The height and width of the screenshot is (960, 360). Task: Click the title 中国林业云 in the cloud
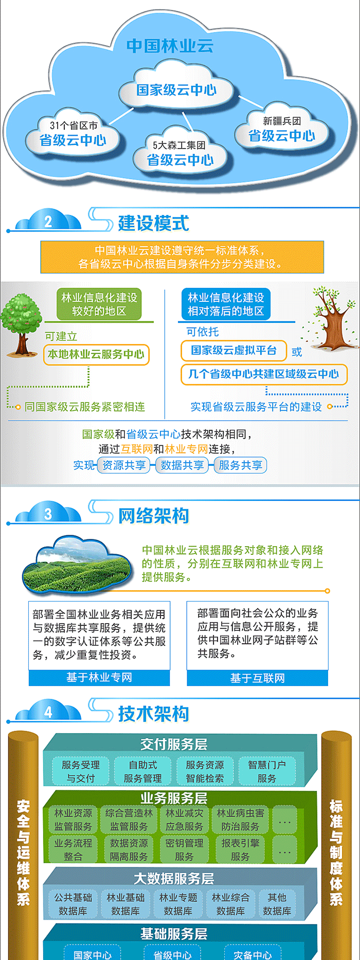tap(170, 46)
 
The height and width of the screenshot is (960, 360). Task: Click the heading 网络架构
tap(154, 516)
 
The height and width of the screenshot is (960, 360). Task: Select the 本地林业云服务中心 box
tap(96, 354)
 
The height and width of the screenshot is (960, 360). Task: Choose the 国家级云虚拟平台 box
tap(234, 351)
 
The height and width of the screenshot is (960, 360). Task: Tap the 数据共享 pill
tap(182, 465)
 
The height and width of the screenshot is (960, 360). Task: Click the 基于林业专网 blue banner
tap(99, 678)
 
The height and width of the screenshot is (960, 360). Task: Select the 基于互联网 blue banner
tap(257, 678)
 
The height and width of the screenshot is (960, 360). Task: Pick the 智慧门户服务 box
tap(267, 771)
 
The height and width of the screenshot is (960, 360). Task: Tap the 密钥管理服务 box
tap(184, 849)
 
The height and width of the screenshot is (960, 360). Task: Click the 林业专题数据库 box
tap(178, 904)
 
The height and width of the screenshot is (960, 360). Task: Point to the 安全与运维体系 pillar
tap(23, 843)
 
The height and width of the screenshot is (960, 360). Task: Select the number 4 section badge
tap(48, 712)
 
